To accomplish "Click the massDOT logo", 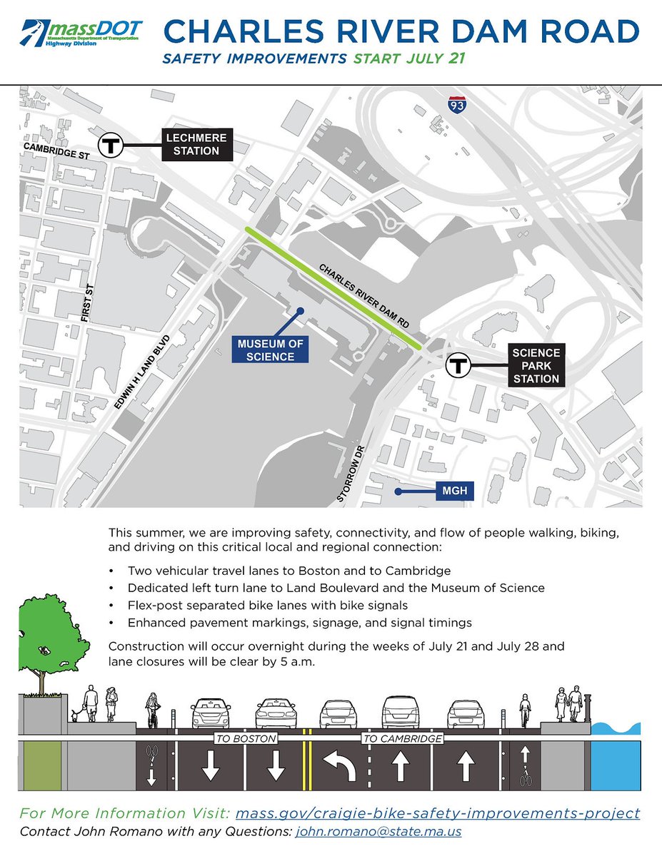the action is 81,33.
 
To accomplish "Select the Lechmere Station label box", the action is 192,144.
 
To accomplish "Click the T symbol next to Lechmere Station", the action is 111,145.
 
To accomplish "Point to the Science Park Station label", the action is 536,366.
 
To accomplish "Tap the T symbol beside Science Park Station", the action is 457,366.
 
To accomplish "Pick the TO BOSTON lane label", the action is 245,739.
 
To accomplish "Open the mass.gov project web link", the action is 437,813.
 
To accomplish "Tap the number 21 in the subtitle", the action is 456,58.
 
